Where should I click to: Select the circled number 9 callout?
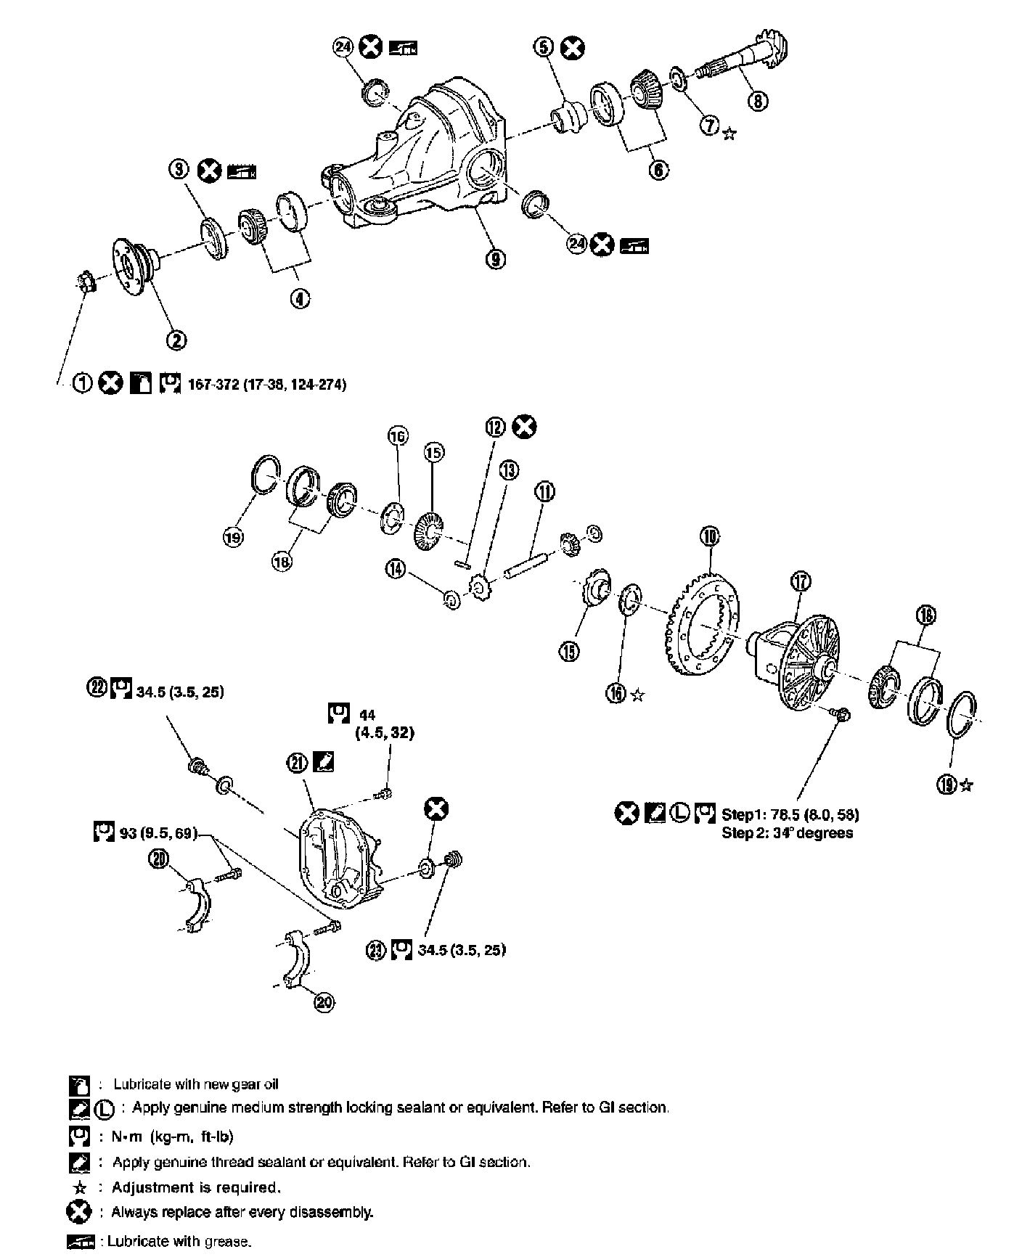pos(496,259)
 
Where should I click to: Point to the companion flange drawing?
pos(132,261)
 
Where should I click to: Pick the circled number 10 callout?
pos(708,536)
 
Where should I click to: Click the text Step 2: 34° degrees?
pos(787,832)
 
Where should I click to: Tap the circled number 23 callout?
pos(376,951)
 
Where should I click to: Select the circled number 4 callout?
pos(299,298)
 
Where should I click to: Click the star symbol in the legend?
pos(81,1188)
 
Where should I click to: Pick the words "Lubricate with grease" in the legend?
pos(179,1242)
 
